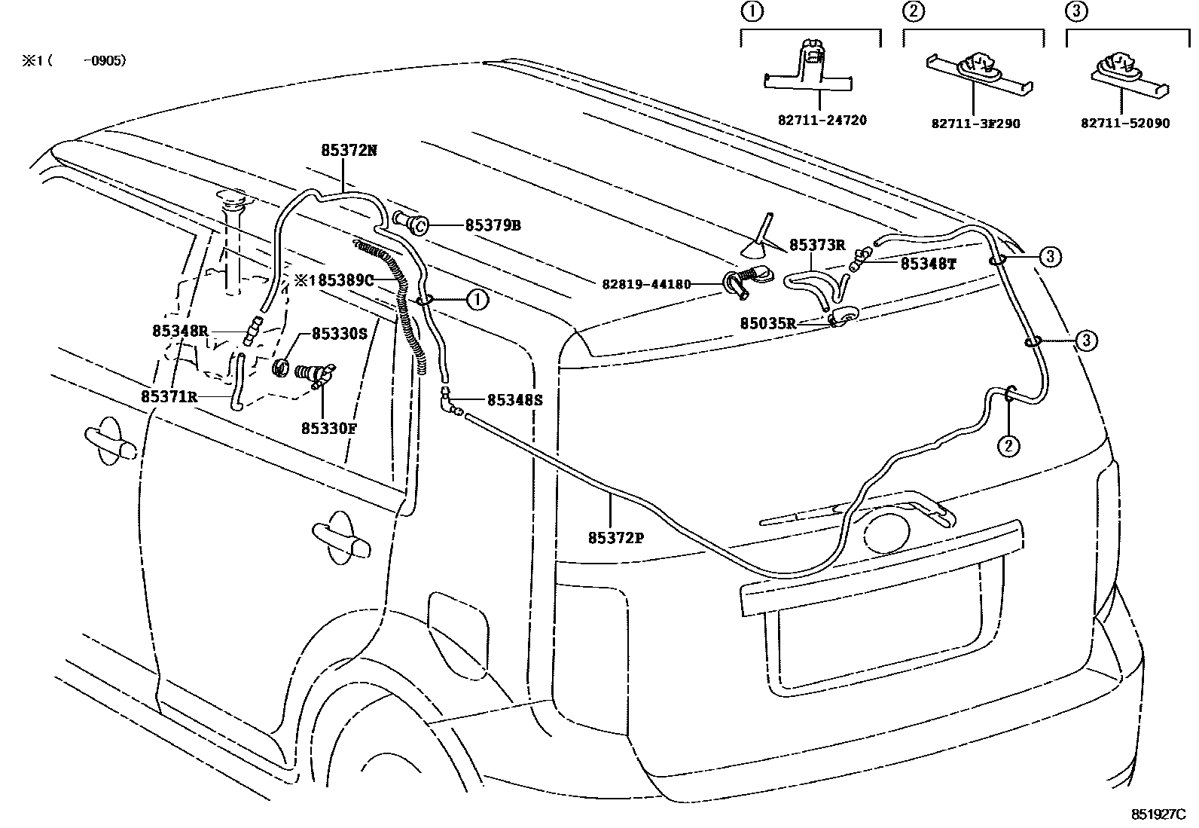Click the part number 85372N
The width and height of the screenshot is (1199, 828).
pyautogui.click(x=348, y=150)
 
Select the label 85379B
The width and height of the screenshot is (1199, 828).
pyautogui.click(x=493, y=225)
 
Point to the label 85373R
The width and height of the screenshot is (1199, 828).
pyautogui.click(x=817, y=245)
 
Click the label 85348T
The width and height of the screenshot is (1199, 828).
pyautogui.click(x=929, y=264)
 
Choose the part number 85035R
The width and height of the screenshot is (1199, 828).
pyautogui.click(x=767, y=322)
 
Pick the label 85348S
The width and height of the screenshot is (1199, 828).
pyautogui.click(x=514, y=400)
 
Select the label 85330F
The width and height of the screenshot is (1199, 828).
pyautogui.click(x=328, y=428)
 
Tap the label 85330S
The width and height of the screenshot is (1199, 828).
pyautogui.click(x=339, y=333)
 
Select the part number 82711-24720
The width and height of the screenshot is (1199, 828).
pyautogui.click(x=822, y=120)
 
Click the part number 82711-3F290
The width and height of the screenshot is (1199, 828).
pyautogui.click(x=975, y=123)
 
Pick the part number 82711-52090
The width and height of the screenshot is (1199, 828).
pyautogui.click(x=1125, y=123)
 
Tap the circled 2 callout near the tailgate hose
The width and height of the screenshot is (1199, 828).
pyautogui.click(x=1008, y=446)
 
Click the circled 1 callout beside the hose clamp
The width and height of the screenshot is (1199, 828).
pyautogui.click(x=477, y=300)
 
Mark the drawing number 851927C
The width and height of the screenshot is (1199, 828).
pyautogui.click(x=1158, y=814)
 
